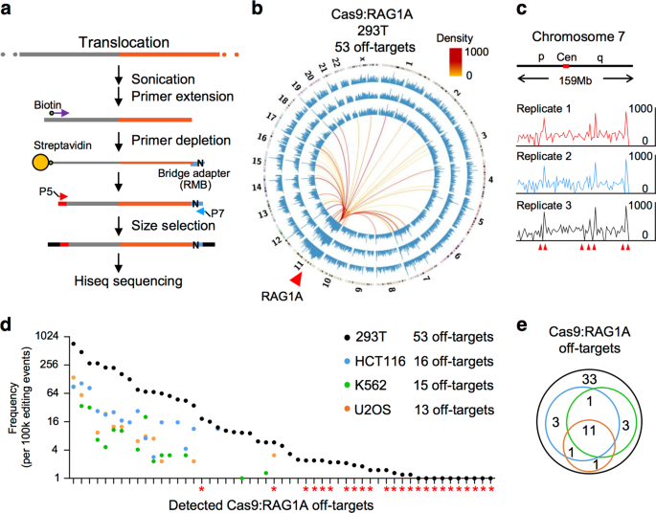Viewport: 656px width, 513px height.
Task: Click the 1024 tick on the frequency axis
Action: [x=48, y=337]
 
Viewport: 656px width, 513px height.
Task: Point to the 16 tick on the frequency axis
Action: [x=56, y=421]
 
